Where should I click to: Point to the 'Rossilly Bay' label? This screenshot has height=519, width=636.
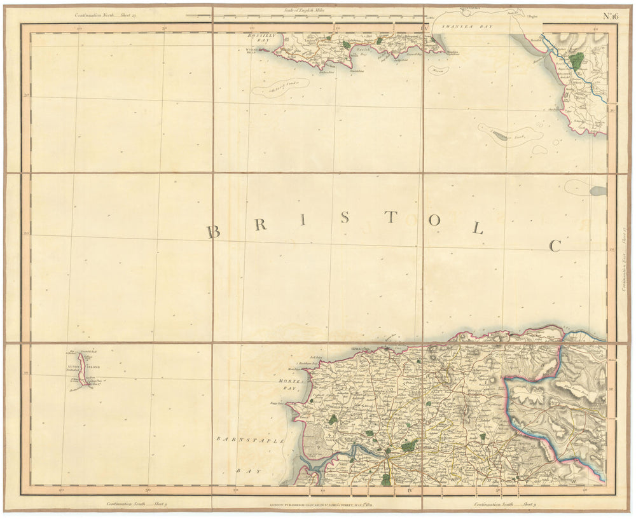coord(260,39)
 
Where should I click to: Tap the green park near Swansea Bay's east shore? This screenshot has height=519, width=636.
coord(577,61)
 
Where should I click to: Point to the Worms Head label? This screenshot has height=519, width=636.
coord(253,50)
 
